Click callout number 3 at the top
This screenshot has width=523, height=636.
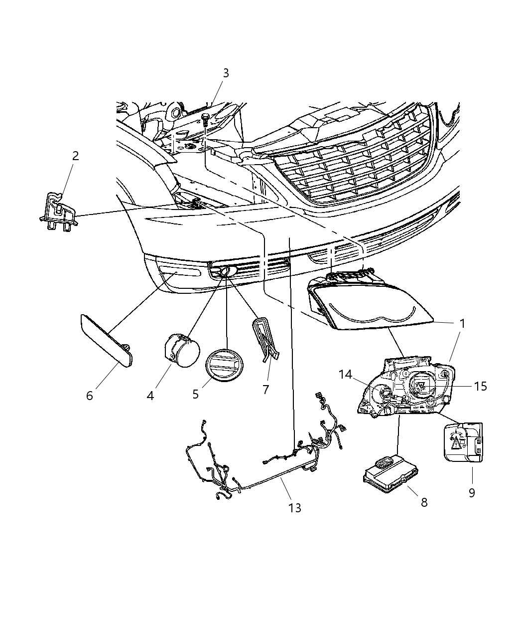[226, 73]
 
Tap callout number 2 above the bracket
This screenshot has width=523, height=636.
[75, 156]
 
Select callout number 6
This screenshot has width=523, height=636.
[90, 396]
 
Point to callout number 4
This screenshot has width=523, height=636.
[150, 396]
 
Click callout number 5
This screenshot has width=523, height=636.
[196, 394]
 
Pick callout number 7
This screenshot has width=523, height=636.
[266, 390]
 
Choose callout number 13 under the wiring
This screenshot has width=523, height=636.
[295, 508]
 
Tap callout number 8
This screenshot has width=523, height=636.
[424, 502]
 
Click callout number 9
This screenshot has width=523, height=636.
[472, 492]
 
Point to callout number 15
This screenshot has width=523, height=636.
[480, 386]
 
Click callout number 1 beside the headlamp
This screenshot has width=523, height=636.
[462, 323]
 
